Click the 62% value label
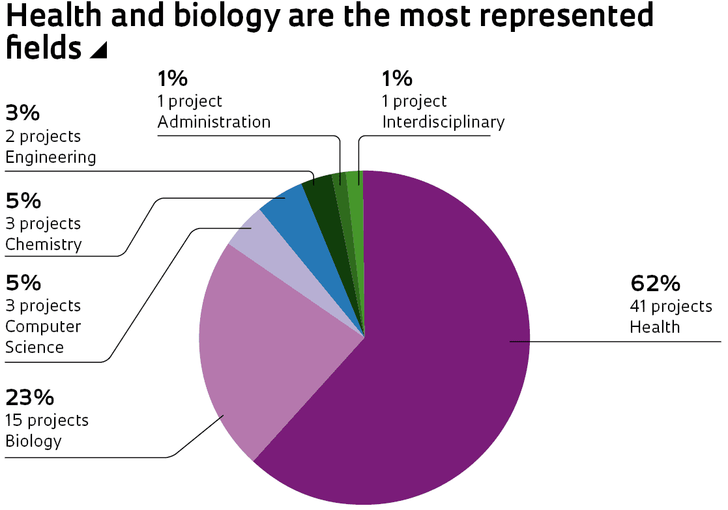pos(655,284)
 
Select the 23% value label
pos(29,397)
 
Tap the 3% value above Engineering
pos(22,113)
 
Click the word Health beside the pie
pos(654,326)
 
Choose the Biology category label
pos(33,441)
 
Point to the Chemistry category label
pos(44,244)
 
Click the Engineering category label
pos(50,157)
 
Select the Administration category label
pos(214,122)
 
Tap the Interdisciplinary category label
pos(443,122)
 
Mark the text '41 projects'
pos(671,305)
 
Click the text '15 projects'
pos(47,420)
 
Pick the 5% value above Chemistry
pos(23,201)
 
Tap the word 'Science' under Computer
pos(35,347)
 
